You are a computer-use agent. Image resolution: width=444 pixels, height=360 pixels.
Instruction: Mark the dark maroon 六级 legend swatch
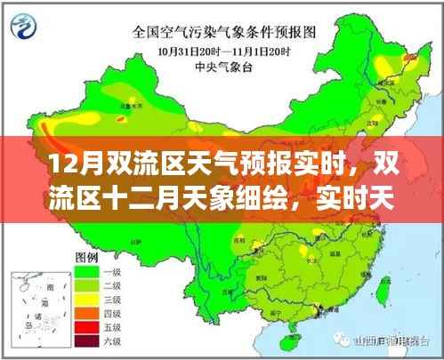point(85,340)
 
